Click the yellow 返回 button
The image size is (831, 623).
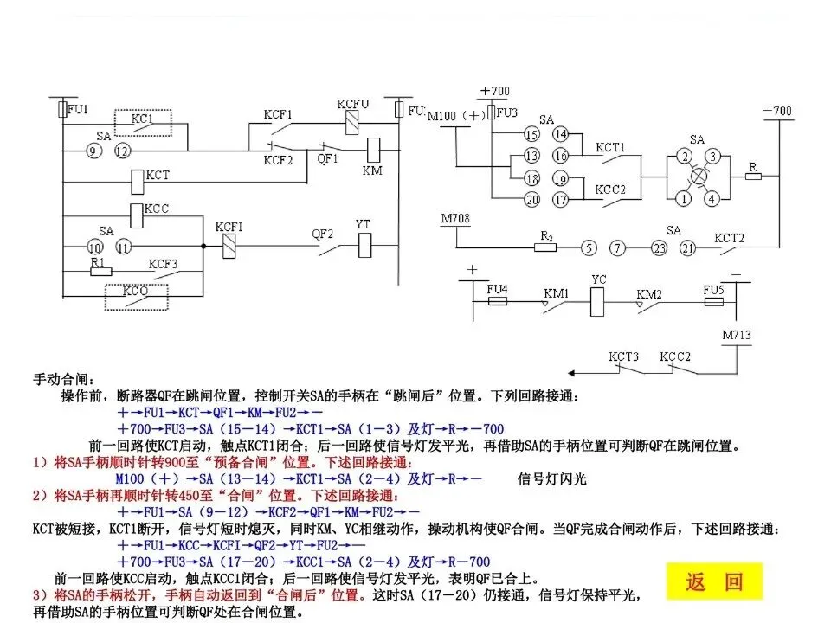[715, 581]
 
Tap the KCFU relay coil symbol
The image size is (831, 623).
[352, 122]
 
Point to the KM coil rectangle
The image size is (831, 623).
[375, 148]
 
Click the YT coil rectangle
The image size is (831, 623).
[364, 247]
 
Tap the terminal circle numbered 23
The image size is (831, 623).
[660, 248]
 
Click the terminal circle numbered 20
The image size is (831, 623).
[531, 200]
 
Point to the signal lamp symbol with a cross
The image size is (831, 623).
[699, 177]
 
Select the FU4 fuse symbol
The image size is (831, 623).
[498, 301]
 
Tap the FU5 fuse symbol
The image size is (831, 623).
[712, 301]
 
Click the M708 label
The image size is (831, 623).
[455, 219]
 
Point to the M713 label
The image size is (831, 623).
[738, 335]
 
